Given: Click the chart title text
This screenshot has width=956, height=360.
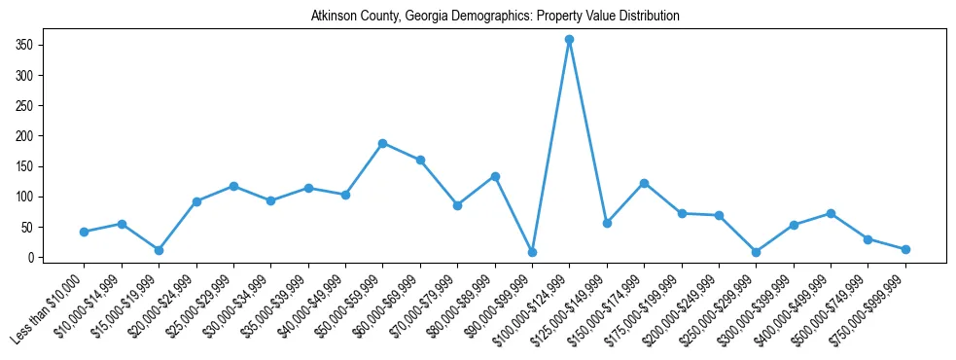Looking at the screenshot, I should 495,17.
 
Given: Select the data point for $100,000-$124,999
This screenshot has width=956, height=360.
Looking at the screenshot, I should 569,40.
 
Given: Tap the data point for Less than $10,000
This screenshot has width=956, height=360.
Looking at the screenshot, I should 84,232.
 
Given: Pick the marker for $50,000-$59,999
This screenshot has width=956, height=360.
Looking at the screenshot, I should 382,143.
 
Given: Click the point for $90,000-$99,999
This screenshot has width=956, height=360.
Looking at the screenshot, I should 532,252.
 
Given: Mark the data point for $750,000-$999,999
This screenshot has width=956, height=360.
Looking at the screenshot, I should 905,249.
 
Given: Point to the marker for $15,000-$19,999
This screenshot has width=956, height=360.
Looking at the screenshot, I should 159,250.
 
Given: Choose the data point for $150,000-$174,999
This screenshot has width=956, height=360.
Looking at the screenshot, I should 644,183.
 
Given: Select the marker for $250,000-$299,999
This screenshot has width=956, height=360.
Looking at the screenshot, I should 756,252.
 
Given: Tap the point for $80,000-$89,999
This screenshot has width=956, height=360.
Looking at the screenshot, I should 495,176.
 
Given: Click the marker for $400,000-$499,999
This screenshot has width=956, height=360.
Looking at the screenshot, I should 831,213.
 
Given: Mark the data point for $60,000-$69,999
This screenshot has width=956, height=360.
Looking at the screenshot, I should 420,160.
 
